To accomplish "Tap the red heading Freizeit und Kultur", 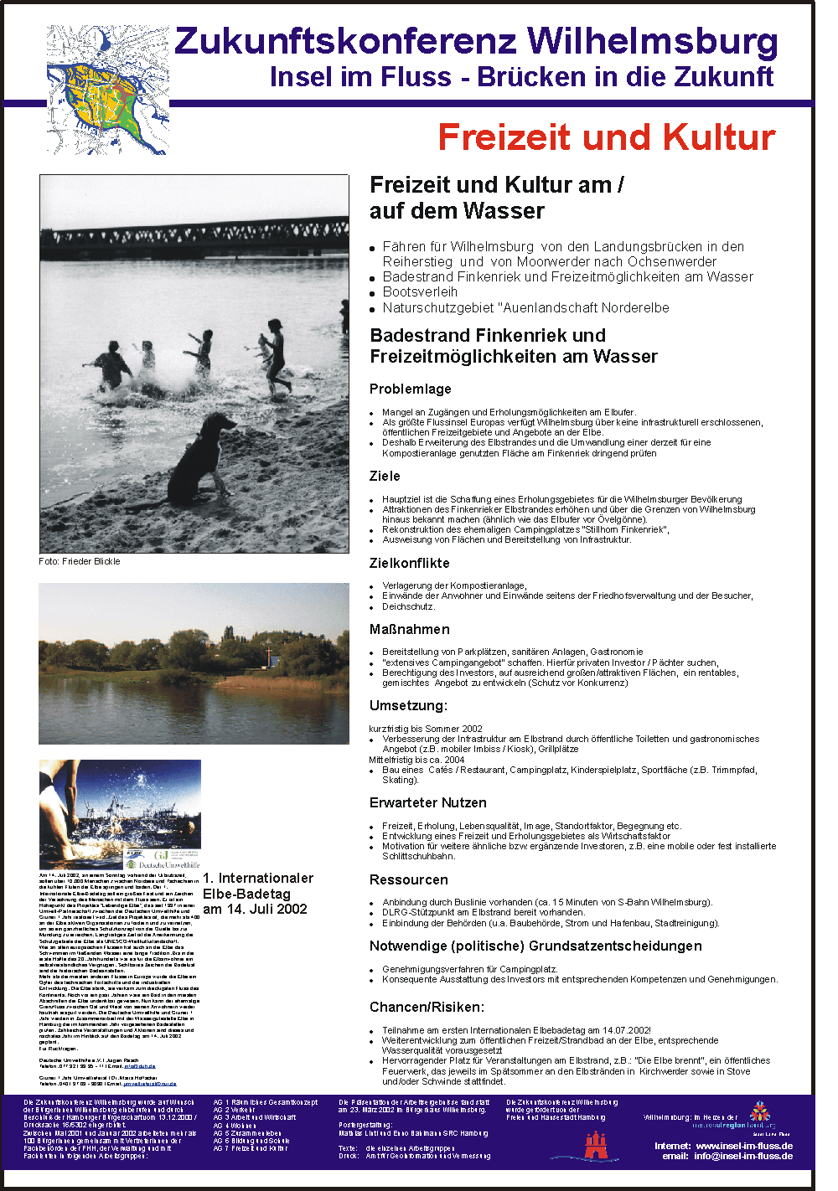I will (606, 137).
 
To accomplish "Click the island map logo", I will (107, 89).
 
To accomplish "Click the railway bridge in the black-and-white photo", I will (194, 238).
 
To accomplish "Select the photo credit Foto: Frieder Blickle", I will (80, 561).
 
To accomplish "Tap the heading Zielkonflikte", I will (409, 563).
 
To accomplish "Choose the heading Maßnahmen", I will (409, 629).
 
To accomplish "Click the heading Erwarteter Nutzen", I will (427, 802).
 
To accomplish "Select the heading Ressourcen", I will (408, 879).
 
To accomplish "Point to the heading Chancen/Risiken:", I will (427, 1007).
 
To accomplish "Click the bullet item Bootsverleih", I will (420, 291).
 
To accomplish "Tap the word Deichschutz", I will (408, 606).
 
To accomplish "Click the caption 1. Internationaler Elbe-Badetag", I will (257, 885).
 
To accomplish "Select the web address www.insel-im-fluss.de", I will (744, 1145).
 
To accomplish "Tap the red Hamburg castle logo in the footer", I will (596, 1145).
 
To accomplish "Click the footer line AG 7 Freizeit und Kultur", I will (250, 1148).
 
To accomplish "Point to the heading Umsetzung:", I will (408, 705).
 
